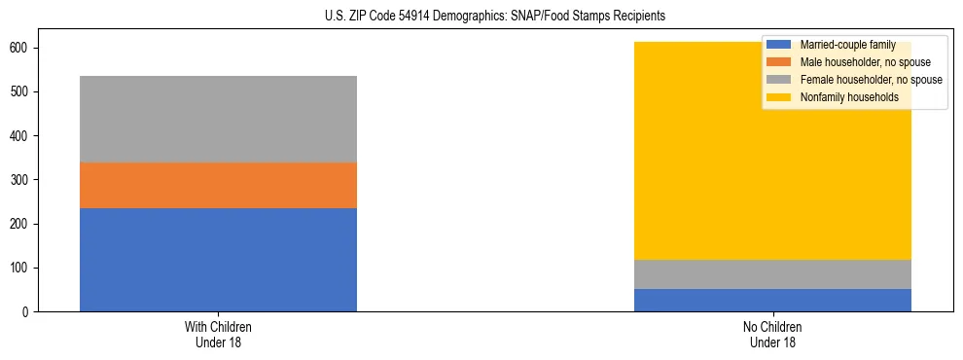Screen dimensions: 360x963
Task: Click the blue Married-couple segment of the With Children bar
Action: tap(218, 260)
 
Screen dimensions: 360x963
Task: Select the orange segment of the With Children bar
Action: tap(218, 185)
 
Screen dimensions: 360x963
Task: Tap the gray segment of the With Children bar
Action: tap(218, 119)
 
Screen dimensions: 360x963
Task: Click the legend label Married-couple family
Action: tap(847, 46)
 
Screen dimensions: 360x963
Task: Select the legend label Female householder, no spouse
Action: tap(871, 80)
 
